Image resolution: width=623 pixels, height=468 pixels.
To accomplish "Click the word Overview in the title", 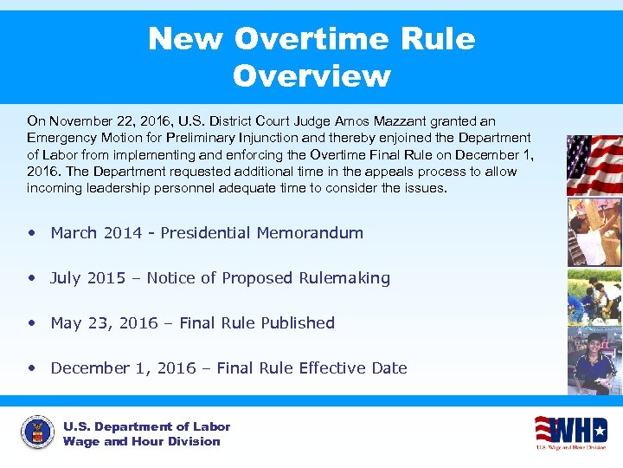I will click(311, 76).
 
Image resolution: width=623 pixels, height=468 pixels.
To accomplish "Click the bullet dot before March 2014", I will click(32, 233).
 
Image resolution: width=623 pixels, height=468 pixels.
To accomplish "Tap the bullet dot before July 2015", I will click(32, 278).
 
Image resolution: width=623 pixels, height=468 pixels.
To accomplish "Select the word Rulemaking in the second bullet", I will click(344, 278).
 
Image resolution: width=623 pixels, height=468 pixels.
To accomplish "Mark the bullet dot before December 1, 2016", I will click(32, 368).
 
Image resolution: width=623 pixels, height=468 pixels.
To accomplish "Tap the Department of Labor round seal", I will click(37, 432).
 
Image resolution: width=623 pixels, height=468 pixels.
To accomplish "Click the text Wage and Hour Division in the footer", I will click(141, 442).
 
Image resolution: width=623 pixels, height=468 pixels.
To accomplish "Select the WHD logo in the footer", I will click(570, 431).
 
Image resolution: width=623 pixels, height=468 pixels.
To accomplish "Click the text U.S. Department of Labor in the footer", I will click(146, 426).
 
